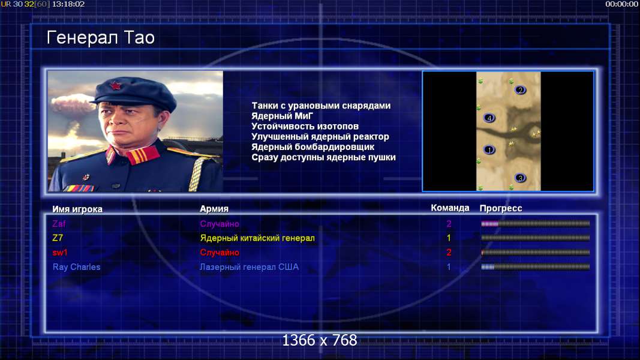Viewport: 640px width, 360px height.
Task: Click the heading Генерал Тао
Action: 100,38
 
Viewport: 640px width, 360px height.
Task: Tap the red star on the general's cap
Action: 116,86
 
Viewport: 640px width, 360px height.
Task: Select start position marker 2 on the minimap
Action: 520,90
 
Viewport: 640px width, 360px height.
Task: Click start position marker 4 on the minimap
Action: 489,118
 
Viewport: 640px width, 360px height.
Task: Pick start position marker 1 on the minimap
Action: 489,150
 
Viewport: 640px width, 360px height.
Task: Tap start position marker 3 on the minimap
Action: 520,178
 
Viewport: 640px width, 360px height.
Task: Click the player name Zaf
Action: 59,224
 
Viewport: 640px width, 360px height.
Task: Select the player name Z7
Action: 58,238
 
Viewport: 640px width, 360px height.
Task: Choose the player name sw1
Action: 59,253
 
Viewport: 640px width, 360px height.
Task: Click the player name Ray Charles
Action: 76,267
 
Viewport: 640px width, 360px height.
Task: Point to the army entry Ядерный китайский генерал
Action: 257,238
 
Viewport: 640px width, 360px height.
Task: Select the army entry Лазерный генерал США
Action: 249,267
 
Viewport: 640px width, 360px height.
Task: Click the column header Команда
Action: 450,208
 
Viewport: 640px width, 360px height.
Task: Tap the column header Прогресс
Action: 501,208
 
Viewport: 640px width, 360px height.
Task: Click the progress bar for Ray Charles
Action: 536,267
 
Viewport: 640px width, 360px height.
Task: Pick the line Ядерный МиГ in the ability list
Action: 282,116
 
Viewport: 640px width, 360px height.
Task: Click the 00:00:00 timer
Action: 621,4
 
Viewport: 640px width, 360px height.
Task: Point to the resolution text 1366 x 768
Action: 320,340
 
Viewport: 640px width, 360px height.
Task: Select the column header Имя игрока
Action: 77,209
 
